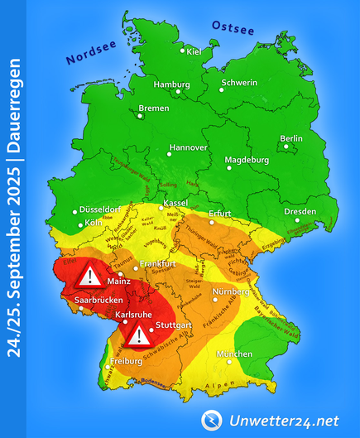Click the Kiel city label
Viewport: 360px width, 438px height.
(x=194, y=52)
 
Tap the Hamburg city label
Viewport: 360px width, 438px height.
(x=171, y=84)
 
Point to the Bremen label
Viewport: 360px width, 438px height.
(x=153, y=108)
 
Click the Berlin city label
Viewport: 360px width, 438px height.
(x=290, y=138)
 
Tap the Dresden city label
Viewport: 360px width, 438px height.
(x=300, y=211)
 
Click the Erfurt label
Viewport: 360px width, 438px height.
(x=220, y=213)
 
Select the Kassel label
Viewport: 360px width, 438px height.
(x=175, y=203)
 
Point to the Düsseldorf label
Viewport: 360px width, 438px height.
(x=101, y=210)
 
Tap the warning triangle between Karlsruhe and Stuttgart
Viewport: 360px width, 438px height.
(x=139, y=335)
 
